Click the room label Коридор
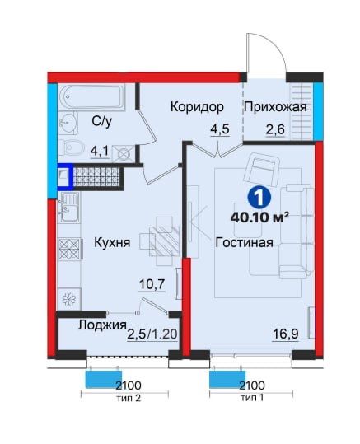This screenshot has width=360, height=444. click(x=198, y=107)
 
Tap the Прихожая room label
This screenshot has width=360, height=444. click(x=275, y=107)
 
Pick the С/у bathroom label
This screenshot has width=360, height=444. click(x=101, y=122)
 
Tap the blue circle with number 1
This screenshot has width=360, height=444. click(x=259, y=198)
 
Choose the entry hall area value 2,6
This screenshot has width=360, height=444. click(x=275, y=129)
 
